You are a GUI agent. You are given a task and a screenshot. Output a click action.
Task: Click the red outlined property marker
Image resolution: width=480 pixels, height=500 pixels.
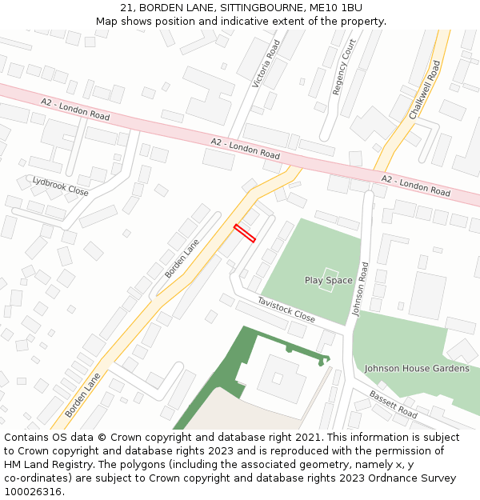click(244, 233)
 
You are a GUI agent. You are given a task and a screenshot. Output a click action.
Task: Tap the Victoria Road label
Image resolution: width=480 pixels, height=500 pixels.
click(266, 64)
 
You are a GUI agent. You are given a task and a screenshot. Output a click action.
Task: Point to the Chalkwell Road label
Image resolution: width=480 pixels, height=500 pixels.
click(425, 90)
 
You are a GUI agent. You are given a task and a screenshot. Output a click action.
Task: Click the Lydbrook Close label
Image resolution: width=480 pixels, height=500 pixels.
click(60, 186)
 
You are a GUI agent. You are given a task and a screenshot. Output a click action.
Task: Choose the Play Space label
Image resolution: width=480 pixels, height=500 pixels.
click(328, 280)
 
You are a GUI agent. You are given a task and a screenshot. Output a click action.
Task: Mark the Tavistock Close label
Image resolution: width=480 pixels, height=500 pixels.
click(286, 309)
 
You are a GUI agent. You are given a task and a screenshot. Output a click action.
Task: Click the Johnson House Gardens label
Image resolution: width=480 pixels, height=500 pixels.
click(417, 368)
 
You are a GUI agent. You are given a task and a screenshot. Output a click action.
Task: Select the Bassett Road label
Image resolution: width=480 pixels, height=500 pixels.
click(393, 405)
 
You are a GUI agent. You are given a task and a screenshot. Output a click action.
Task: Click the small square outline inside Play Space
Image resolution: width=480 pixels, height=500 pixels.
click(328, 279)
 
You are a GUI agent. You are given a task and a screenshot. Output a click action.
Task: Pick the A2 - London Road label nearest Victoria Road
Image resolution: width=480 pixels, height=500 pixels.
click(245, 148)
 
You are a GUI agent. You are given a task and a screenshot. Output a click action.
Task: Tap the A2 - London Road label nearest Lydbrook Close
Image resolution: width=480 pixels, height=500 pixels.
click(75, 109)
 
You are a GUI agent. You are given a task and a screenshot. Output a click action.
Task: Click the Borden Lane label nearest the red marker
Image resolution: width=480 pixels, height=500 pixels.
click(182, 258)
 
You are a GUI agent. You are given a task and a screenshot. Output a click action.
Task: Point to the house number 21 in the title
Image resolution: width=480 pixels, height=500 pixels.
click(126, 7)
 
